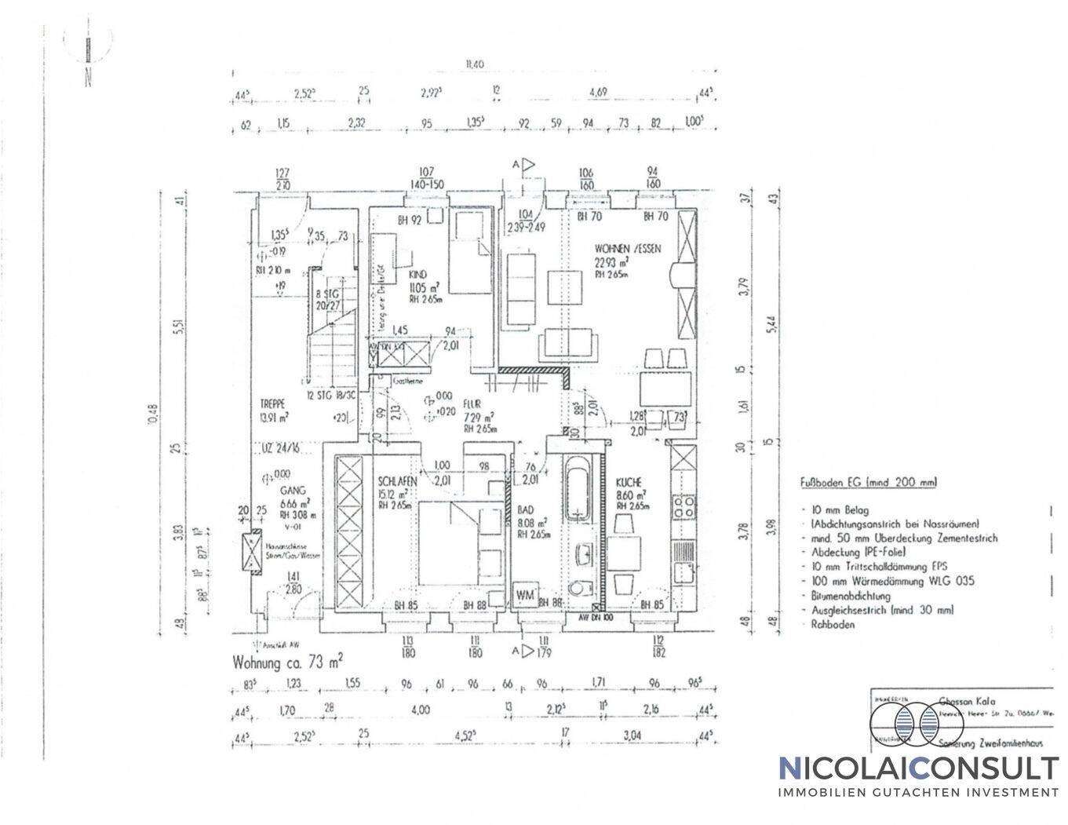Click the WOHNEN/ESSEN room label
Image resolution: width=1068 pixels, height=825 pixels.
(628, 249)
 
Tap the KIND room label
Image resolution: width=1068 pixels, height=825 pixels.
(417, 275)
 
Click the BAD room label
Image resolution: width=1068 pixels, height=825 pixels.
(525, 508)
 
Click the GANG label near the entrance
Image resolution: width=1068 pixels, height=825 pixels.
(280, 488)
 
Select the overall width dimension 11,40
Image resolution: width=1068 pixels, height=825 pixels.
(474, 64)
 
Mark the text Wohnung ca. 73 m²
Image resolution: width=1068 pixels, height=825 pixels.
(287, 661)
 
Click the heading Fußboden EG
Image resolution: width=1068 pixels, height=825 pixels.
(867, 483)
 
